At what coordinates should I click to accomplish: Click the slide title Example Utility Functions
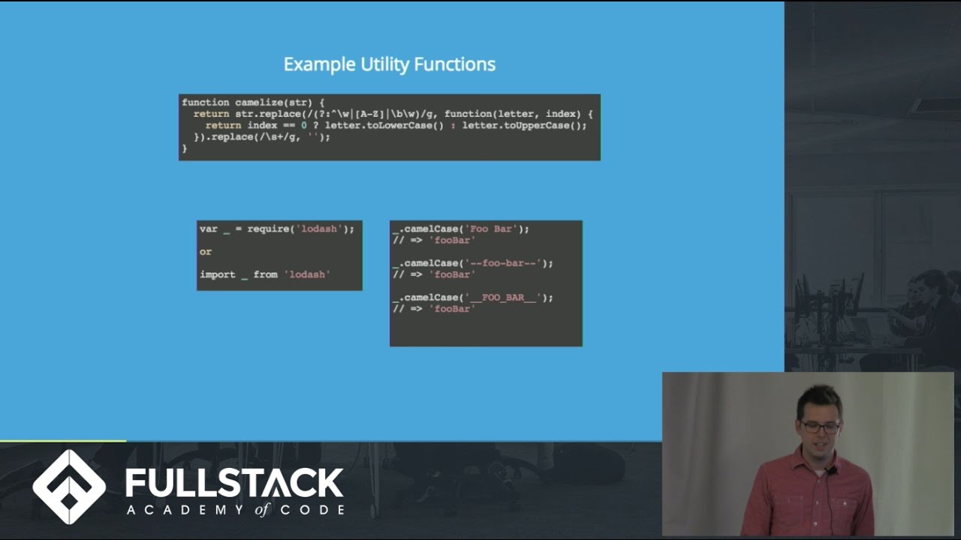pyautogui.click(x=389, y=64)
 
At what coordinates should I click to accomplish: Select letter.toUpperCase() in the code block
pyautogui.click(x=523, y=125)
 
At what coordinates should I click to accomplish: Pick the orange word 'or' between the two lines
pyautogui.click(x=206, y=252)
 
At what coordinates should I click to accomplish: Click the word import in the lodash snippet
pyautogui.click(x=218, y=274)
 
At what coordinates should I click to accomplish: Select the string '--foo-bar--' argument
pyautogui.click(x=505, y=263)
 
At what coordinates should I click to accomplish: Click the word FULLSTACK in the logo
pyautogui.click(x=234, y=483)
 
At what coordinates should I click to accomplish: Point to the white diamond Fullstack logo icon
pyautogui.click(x=69, y=487)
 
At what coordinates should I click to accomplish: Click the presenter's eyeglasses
pyautogui.click(x=819, y=427)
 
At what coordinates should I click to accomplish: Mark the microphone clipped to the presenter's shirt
pyautogui.click(x=830, y=471)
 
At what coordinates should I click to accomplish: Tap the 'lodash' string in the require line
pyautogui.click(x=319, y=229)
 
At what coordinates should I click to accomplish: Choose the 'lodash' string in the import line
pyautogui.click(x=307, y=274)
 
